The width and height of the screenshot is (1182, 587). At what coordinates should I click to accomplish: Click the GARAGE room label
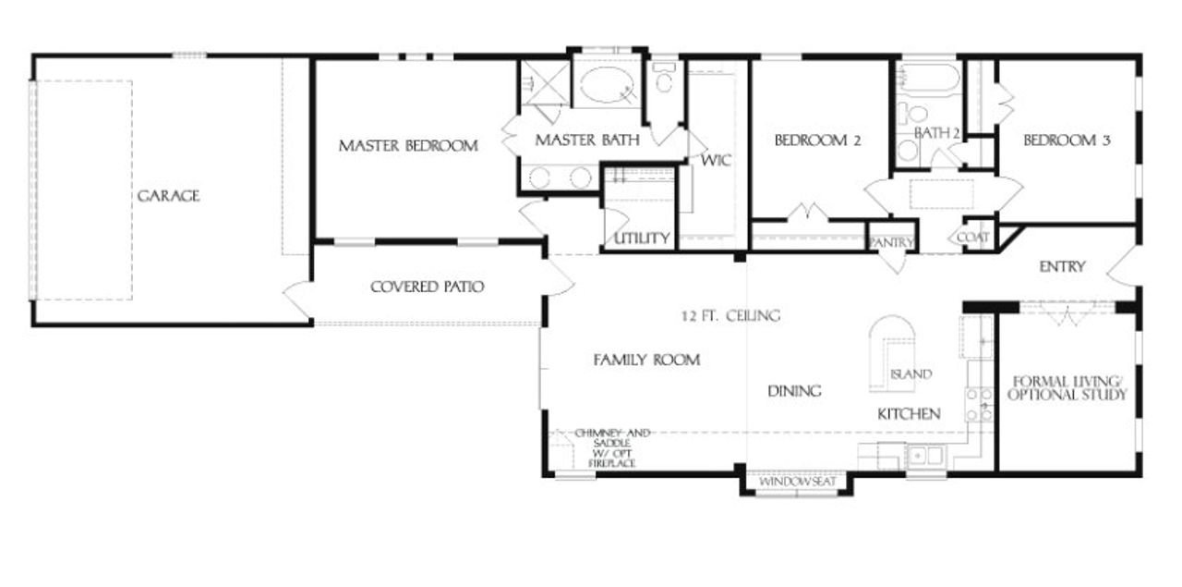click(168, 196)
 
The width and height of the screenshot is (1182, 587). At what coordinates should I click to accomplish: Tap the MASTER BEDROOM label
click(407, 145)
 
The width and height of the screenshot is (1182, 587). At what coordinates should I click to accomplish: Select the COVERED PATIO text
click(427, 287)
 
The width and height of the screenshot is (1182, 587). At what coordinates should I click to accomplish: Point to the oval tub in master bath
click(606, 86)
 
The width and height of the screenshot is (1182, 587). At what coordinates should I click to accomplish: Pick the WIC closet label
click(716, 160)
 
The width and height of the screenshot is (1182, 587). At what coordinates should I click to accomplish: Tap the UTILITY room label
click(642, 238)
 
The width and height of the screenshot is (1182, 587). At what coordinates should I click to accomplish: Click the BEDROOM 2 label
click(817, 141)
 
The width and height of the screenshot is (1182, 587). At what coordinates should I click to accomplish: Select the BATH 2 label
click(937, 133)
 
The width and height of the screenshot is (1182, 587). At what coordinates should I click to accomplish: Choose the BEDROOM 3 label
click(1067, 141)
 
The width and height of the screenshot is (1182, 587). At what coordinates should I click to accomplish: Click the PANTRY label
click(892, 243)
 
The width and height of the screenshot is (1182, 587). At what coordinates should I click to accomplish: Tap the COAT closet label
click(973, 238)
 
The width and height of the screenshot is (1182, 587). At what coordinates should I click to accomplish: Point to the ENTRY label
click(1062, 267)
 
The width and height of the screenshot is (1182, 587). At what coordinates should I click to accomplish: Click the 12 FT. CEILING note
click(730, 315)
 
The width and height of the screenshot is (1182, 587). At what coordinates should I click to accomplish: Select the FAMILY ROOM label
click(645, 360)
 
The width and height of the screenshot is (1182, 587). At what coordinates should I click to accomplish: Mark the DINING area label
click(794, 391)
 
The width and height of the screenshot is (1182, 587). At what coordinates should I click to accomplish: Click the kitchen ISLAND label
click(911, 374)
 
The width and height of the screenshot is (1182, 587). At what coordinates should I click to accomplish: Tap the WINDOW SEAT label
click(797, 483)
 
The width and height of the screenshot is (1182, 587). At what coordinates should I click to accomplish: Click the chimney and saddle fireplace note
click(606, 447)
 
